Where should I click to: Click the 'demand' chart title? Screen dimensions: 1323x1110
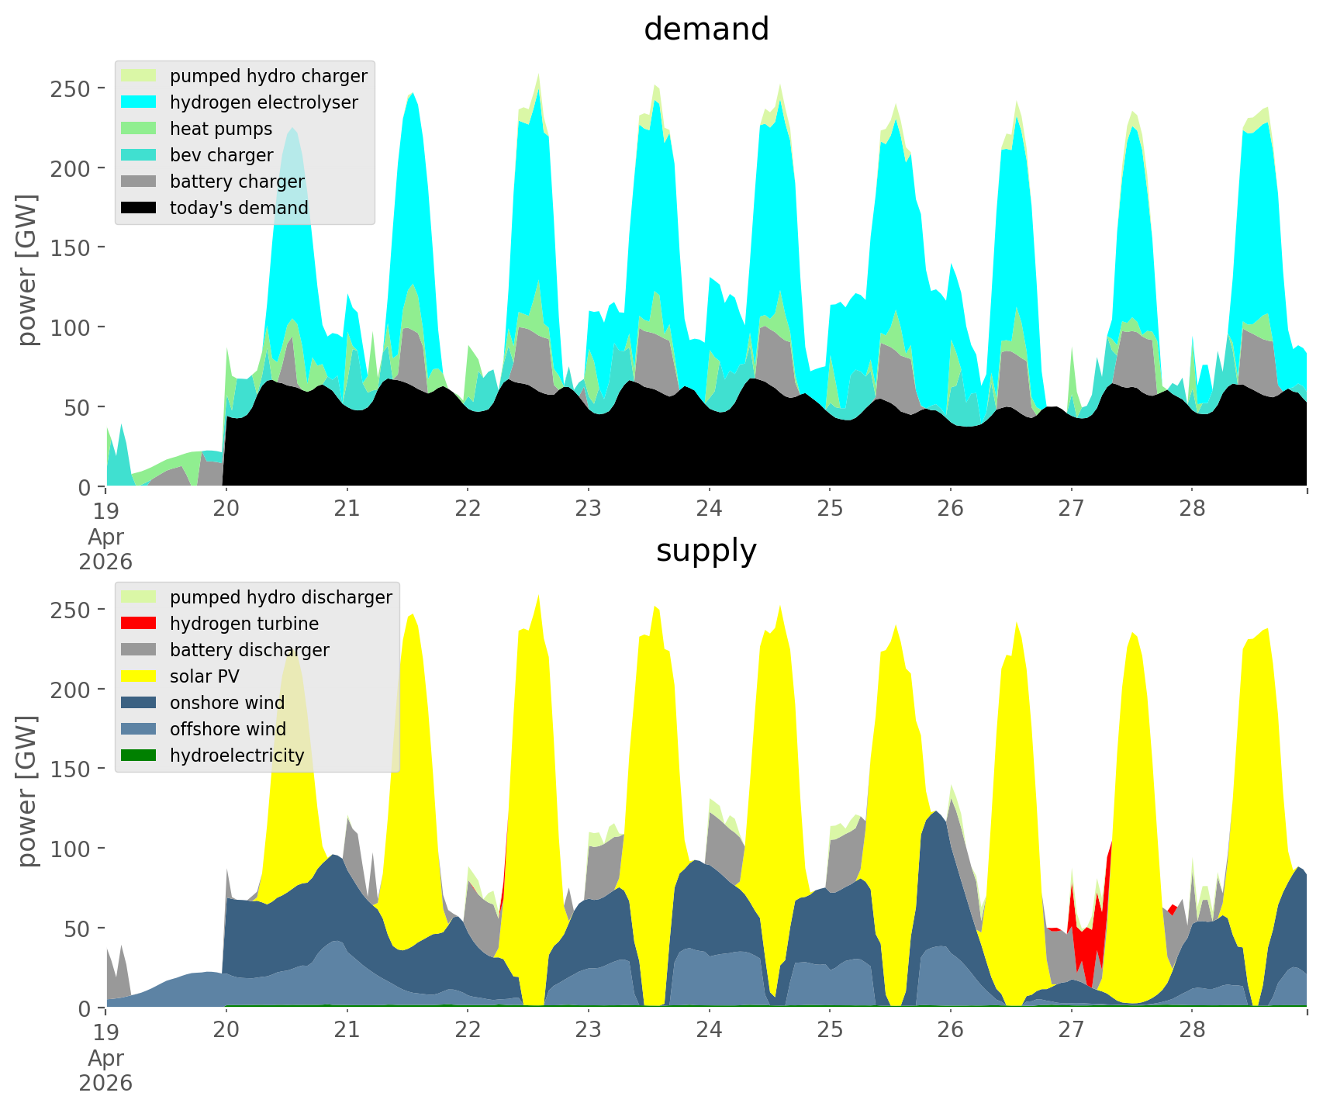point(706,29)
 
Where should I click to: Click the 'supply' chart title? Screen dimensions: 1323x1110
point(706,551)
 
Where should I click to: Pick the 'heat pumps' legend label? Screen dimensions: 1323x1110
point(221,129)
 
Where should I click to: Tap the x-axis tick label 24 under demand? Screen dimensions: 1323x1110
point(709,509)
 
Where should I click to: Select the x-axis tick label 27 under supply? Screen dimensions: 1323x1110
point(1071,1030)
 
